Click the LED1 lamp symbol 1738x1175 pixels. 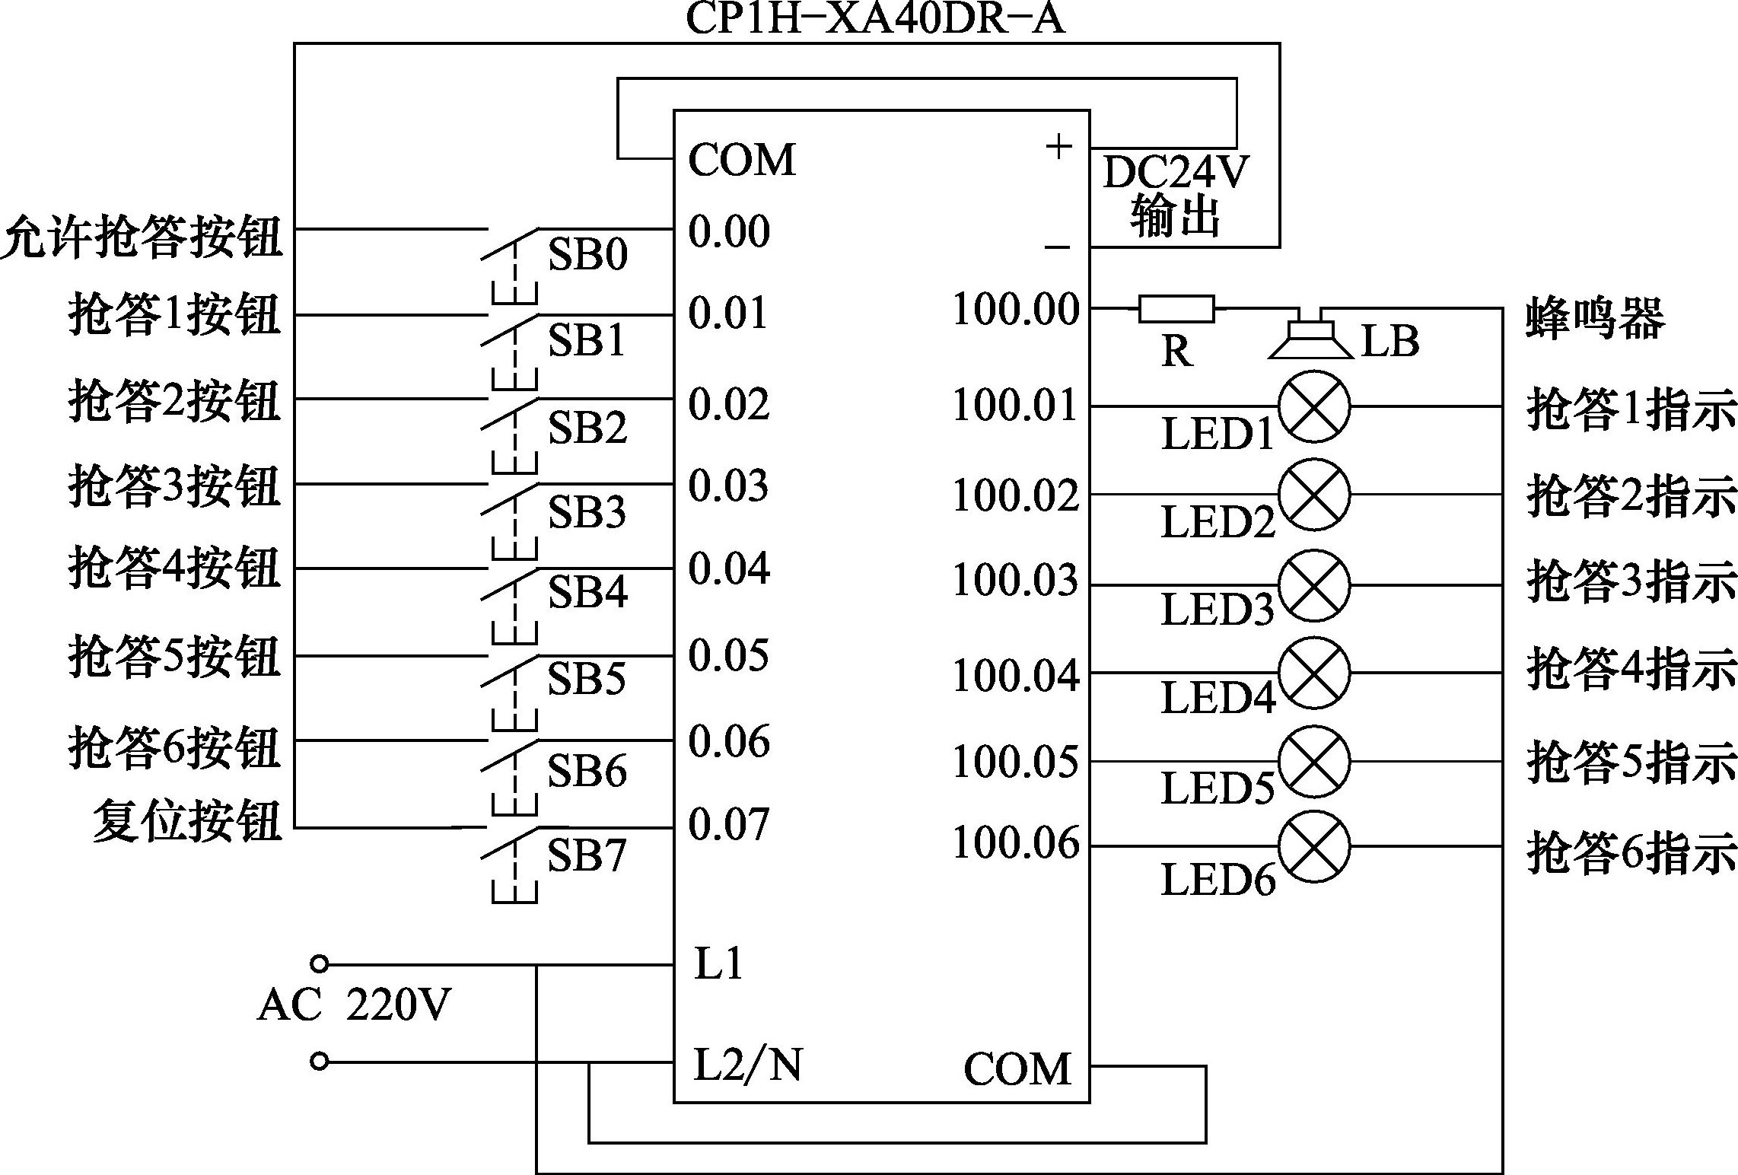[x=1314, y=406]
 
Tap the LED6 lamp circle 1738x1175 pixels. [x=1314, y=846]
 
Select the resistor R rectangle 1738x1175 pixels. [x=1176, y=308]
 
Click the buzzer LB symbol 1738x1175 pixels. [x=1310, y=338]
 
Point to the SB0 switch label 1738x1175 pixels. [x=587, y=255]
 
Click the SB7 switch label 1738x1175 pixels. [x=587, y=855]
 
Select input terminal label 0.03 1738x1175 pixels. [x=728, y=486]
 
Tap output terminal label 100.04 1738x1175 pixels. [x=1016, y=674]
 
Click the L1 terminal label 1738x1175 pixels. [x=718, y=964]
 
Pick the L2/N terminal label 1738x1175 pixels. [x=748, y=1064]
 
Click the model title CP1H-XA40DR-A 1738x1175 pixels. [x=875, y=18]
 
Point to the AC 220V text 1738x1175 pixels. [x=355, y=1005]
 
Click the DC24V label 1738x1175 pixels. [x=1175, y=173]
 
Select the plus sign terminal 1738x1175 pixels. [x=1058, y=146]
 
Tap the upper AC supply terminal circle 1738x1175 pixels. [x=320, y=964]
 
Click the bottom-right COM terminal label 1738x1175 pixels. [x=1017, y=1068]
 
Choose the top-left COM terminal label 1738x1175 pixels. [x=742, y=160]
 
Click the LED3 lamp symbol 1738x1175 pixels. [x=1314, y=585]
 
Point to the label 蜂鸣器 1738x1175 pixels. [x=1595, y=318]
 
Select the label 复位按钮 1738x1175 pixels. [x=187, y=822]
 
